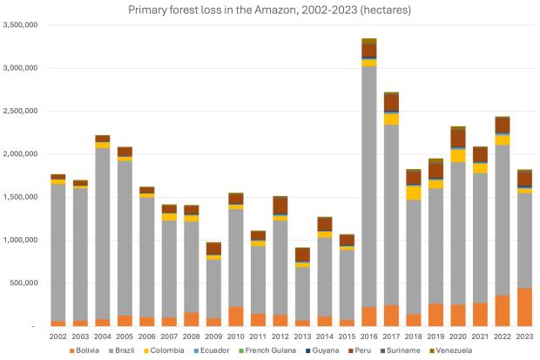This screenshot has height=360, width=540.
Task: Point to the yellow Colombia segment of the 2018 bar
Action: tap(415, 193)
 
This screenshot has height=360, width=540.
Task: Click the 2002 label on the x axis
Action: tap(57, 336)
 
